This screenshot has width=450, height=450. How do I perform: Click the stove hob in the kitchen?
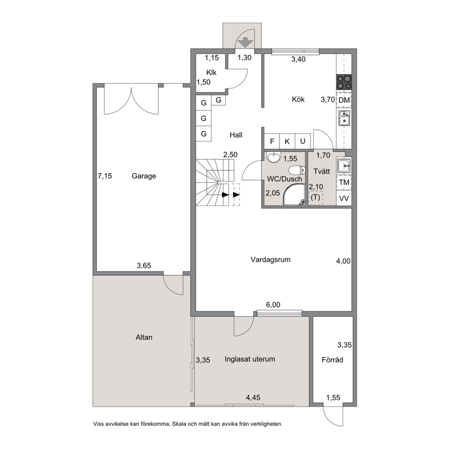344,82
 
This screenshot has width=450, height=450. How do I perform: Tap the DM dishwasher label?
344,100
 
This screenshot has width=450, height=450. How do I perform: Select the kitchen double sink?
344,118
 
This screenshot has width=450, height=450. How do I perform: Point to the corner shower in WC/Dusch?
294,195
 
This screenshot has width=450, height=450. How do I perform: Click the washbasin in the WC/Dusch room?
273,157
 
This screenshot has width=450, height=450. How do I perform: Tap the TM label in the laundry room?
344,182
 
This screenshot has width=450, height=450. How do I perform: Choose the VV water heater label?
344,198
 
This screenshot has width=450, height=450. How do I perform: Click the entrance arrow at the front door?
246,42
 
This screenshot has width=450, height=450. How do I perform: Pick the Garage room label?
144,176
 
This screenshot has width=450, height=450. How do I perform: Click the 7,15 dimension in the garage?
105,176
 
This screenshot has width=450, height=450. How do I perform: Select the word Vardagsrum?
270,260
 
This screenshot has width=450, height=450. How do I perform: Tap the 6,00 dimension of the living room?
273,304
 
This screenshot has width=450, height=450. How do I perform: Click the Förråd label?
333,360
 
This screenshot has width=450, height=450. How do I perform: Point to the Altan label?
144,337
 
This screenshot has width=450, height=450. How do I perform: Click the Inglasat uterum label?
249,359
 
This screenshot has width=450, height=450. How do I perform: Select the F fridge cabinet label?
272,141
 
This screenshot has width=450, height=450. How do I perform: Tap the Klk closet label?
211,73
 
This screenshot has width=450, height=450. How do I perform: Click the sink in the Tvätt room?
343,166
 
